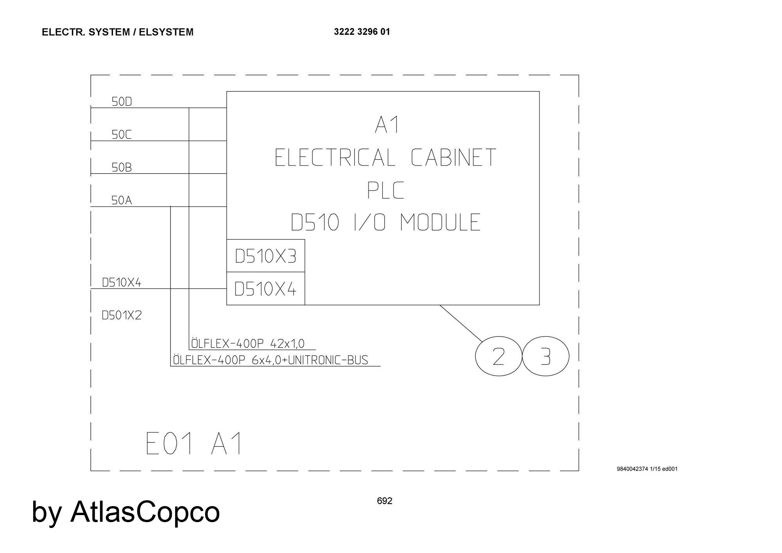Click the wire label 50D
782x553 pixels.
122,102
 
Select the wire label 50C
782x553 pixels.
122,134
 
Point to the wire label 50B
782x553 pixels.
122,167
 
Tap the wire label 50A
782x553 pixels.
122,200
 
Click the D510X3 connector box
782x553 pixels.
265,256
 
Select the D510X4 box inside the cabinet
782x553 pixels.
265,289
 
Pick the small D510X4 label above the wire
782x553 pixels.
121,282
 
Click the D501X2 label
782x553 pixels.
121,315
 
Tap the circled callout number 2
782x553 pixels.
498,356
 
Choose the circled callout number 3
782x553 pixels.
545,356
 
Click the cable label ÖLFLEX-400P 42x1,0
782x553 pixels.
248,344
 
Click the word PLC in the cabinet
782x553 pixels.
385,190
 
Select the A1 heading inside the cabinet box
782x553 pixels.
386,125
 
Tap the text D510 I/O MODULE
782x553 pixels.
386,222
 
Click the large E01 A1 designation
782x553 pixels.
194,444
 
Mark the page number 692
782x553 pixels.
384,501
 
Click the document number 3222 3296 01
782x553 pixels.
362,32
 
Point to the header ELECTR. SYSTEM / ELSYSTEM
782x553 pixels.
117,32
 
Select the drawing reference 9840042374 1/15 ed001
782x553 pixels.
647,469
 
